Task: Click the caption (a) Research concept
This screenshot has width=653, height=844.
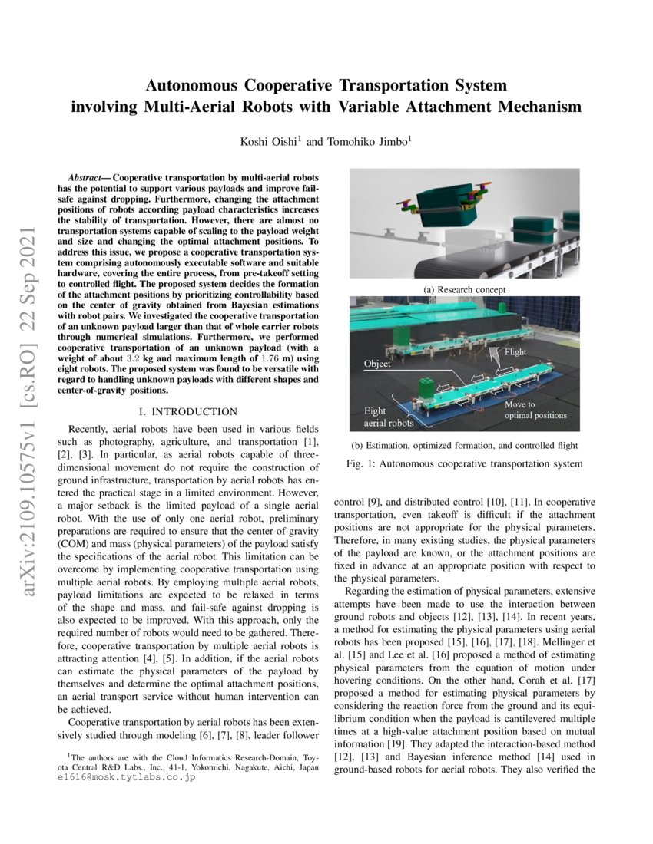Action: (465, 289)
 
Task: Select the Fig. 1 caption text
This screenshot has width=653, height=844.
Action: (464, 463)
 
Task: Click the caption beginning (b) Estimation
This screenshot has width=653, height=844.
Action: (464, 445)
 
